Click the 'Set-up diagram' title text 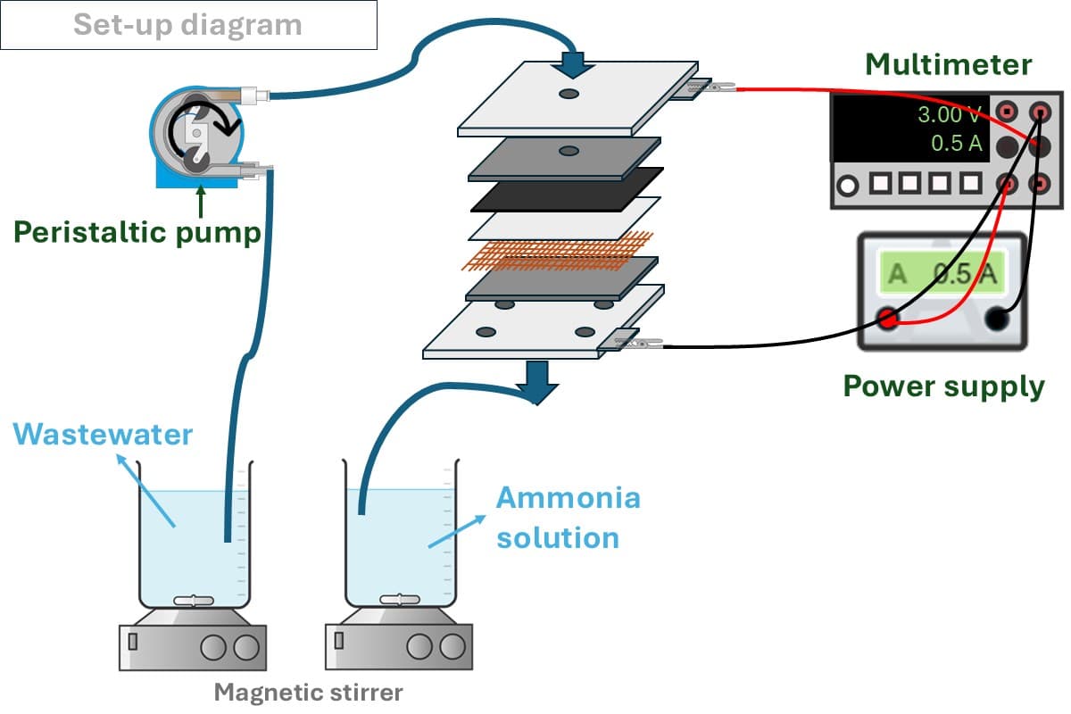tap(187, 24)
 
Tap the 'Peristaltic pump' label tap(136, 232)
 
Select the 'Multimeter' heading tap(949, 65)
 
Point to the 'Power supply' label tap(943, 386)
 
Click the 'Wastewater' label tap(103, 435)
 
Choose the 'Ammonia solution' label tap(567, 518)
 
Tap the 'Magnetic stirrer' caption tap(309, 692)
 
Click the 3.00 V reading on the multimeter tap(950, 115)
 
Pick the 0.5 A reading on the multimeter tap(956, 143)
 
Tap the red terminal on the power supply tap(887, 319)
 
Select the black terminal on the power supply tap(998, 319)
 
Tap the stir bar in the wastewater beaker tap(194, 601)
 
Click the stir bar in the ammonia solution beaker tap(399, 601)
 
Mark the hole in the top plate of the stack tap(569, 94)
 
